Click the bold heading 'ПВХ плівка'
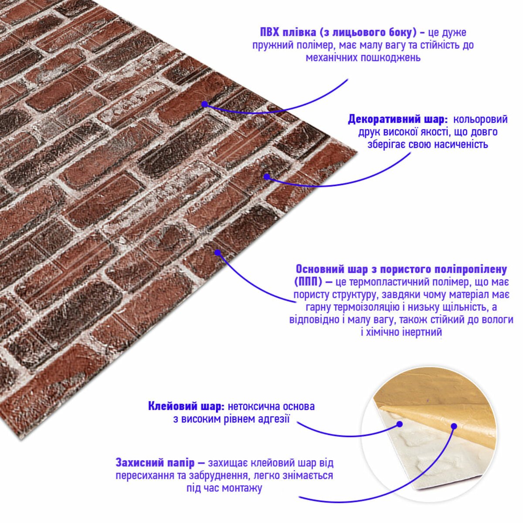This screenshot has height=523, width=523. [x=288, y=32]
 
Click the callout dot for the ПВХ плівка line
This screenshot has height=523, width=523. [x=205, y=104]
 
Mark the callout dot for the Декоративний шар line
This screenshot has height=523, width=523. [x=267, y=177]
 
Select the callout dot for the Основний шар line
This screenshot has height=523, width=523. [x=217, y=253]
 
